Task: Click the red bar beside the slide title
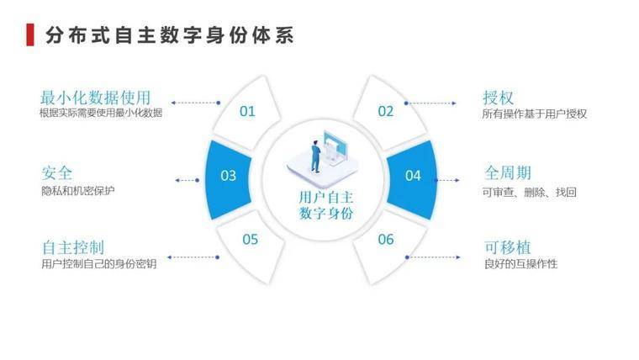pos(30,34)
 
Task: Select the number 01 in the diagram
pos(247,110)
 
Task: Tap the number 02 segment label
pos(385,110)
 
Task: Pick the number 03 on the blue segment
pos(228,175)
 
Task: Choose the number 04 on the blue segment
pos(413,175)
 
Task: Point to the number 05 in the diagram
pos(251,239)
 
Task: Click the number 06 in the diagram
pos(385,239)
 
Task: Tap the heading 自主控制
pos(72,247)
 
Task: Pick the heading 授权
pos(499,97)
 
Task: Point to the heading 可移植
pos(507,247)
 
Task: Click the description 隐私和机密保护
pos(77,191)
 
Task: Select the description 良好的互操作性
pos(520,264)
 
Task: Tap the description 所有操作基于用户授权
pos(534,114)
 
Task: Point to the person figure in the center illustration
pos(315,156)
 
